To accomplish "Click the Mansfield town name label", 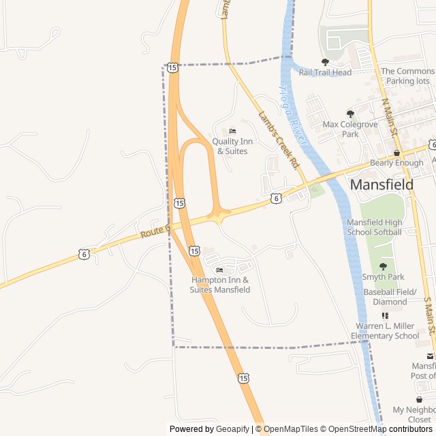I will [x=381, y=184].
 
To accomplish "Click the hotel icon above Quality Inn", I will [x=232, y=131].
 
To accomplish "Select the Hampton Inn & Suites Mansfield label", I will [x=219, y=285].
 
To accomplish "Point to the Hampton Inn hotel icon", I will [x=219, y=270].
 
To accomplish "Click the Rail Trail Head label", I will [x=325, y=73].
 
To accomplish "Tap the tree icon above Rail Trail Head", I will [x=325, y=62].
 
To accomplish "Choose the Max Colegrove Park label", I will [x=350, y=129].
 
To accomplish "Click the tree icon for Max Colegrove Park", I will [x=350, y=114].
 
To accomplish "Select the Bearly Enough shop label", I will [x=396, y=163].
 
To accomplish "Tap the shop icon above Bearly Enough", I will [x=396, y=153].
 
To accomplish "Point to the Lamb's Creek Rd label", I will [x=279, y=140].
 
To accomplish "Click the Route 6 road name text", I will [x=154, y=232].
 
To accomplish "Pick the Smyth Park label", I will [x=383, y=277].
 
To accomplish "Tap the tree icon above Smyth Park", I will [x=383, y=266].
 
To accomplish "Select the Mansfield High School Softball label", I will [x=374, y=228].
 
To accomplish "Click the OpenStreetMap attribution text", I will [x=357, y=429].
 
